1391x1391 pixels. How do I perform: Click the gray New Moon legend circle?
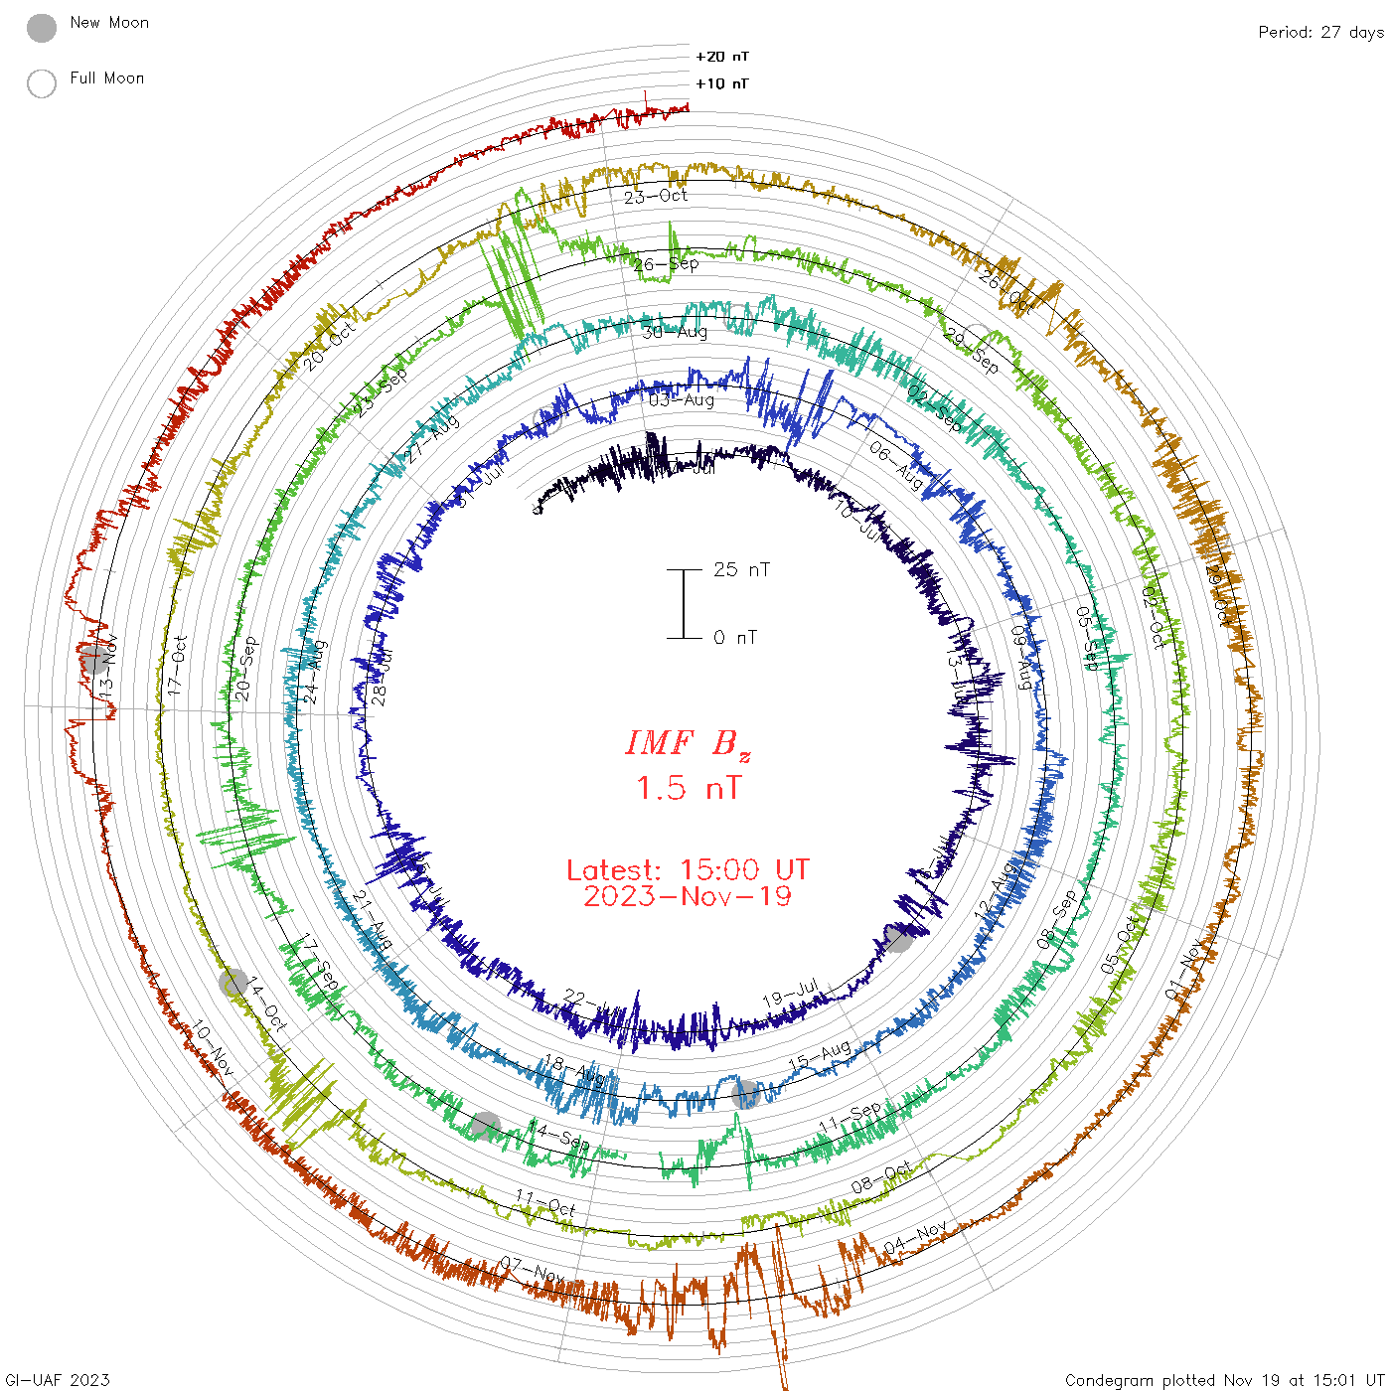[42, 28]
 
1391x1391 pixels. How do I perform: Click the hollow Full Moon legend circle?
[42, 83]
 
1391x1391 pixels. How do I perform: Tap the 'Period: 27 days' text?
[1320, 33]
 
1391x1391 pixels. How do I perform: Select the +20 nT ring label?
[722, 57]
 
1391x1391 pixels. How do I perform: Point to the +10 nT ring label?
[722, 83]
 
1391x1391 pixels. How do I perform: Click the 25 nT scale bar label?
[741, 570]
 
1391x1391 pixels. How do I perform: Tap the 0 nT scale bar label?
[735, 638]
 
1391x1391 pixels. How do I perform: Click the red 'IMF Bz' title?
[688, 743]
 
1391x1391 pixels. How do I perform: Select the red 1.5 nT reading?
[688, 789]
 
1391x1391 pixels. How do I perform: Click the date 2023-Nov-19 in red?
[688, 897]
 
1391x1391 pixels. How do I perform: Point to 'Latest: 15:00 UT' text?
[688, 870]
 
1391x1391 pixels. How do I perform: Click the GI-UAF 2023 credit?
[58, 1380]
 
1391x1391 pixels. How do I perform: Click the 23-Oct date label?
[656, 196]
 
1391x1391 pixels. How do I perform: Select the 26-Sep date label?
[666, 264]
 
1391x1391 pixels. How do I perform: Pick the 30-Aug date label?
[675, 332]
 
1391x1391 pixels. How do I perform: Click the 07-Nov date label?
[533, 1270]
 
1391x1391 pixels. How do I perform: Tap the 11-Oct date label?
[545, 1203]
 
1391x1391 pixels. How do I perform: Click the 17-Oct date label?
[177, 665]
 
